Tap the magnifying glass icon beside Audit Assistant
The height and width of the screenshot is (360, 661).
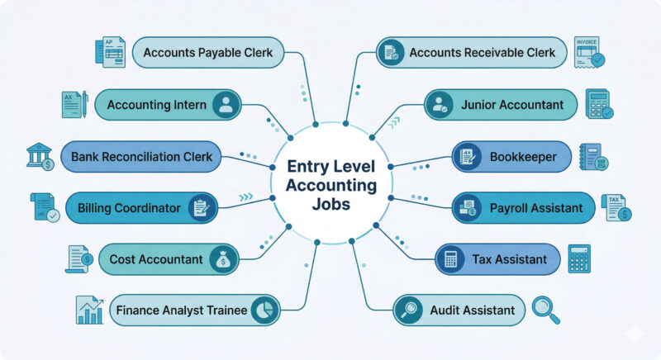pyautogui.click(x=546, y=310)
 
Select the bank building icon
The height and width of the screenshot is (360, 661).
pyautogui.click(x=39, y=156)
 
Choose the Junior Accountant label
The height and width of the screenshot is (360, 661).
pyautogui.click(x=511, y=105)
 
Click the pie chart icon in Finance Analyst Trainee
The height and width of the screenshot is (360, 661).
pyautogui.click(x=263, y=310)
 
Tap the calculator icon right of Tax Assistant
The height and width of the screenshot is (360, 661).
pyautogui.click(x=579, y=259)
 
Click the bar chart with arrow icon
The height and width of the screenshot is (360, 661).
pyautogui.click(x=89, y=310)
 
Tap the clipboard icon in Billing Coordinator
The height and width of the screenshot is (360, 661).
pyautogui.click(x=200, y=208)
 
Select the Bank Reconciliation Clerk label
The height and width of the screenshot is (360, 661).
pyautogui.click(x=141, y=156)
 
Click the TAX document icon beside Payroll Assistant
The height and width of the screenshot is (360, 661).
pyautogui.click(x=616, y=208)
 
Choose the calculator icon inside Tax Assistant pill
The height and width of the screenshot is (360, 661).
pyautogui.click(x=451, y=259)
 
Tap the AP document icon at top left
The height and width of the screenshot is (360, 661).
pyautogui.click(x=110, y=52)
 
